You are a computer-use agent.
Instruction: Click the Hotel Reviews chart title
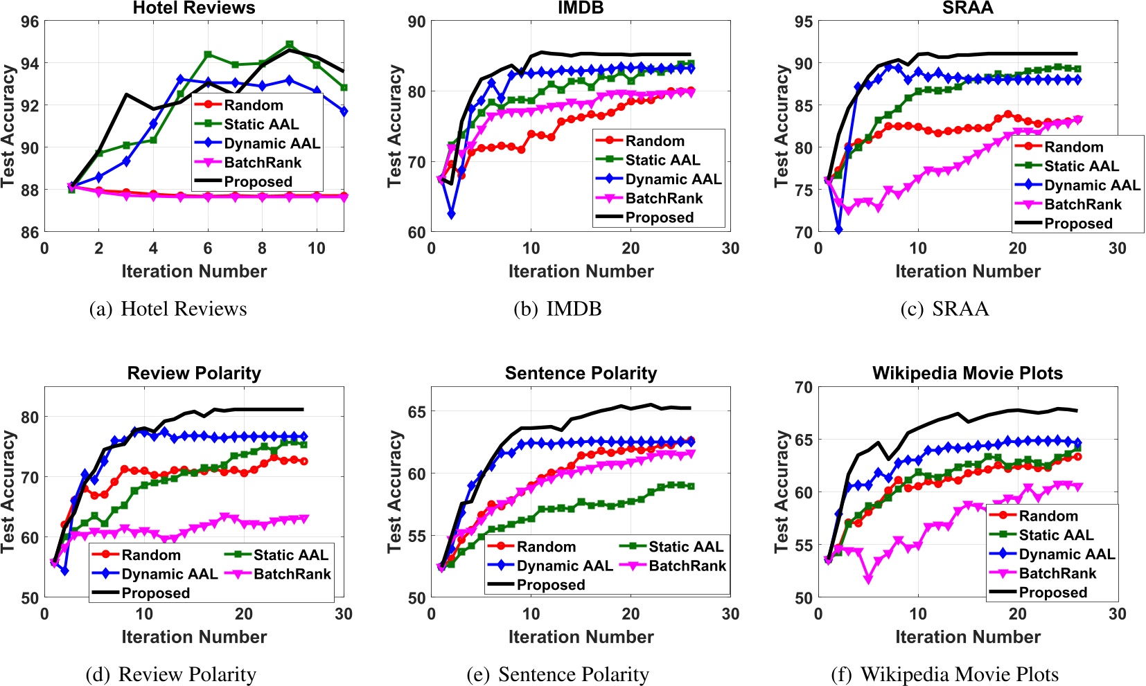pos(194,8)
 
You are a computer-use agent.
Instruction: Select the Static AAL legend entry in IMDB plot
pos(662,160)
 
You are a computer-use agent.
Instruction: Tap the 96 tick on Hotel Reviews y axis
pos(30,21)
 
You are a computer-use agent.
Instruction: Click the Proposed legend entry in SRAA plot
pos(1078,224)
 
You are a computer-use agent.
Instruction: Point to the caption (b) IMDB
pos(557,309)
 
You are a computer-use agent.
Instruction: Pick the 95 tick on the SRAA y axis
pos(803,21)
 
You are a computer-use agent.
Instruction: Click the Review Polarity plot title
pos(194,374)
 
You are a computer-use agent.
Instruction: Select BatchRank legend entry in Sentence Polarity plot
pos(687,566)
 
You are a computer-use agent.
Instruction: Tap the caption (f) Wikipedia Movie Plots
pos(944,674)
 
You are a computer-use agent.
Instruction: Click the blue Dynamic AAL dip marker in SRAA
pos(838,229)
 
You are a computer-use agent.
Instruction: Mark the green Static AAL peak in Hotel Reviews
pos(290,45)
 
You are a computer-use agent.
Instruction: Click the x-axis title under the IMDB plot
pos(581,271)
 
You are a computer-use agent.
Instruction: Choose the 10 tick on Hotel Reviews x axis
pos(317,249)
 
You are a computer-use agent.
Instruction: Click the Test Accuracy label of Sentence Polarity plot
pos(394,491)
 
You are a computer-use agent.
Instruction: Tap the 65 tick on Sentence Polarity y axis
pos(416,411)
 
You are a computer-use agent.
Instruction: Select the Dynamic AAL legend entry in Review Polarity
pos(169,574)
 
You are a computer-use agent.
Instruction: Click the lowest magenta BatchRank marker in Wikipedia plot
pos(868,579)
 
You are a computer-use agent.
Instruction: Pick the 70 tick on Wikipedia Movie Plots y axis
pos(803,387)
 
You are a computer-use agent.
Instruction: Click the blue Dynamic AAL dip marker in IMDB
pos(452,215)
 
